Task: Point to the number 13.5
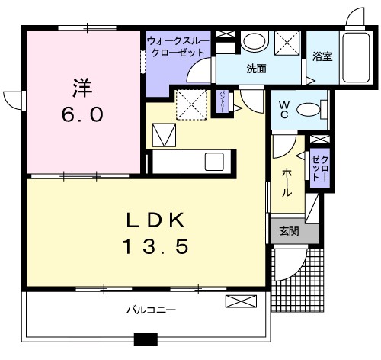[x=155, y=247]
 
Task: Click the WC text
[x=283, y=109]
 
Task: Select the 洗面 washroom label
[x=255, y=68]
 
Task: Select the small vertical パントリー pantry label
[x=222, y=101]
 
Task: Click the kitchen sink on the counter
[x=213, y=162]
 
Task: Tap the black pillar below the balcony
[x=145, y=339]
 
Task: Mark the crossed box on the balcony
[x=236, y=302]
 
